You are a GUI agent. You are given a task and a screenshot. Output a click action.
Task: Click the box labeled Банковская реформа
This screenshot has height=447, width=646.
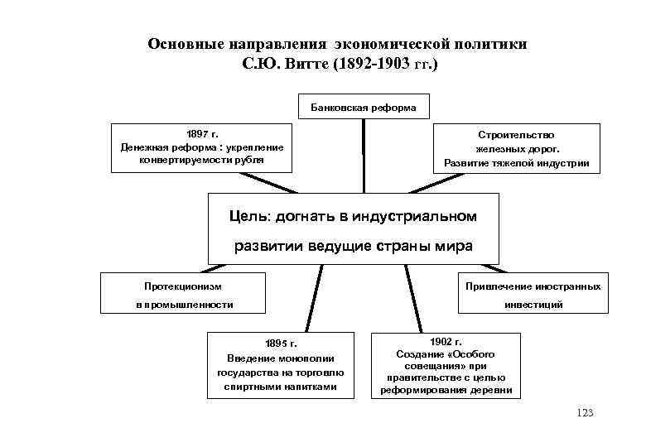pos(364,107)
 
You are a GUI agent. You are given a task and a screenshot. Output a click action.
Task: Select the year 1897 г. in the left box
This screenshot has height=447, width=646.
pos(203,133)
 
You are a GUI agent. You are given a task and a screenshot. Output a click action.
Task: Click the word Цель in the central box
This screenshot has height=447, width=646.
pos(246,216)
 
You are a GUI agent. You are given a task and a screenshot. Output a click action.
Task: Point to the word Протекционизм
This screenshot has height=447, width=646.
pos(182,286)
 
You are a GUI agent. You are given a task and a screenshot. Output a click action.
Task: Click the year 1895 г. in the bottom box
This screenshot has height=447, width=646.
pos(281,344)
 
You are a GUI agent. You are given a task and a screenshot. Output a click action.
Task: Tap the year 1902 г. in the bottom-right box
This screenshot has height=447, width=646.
pos(446,340)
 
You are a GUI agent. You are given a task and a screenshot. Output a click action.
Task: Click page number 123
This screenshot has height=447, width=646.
pos(585,413)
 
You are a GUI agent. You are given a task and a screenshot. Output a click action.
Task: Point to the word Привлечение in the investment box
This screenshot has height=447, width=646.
pos(497,286)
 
